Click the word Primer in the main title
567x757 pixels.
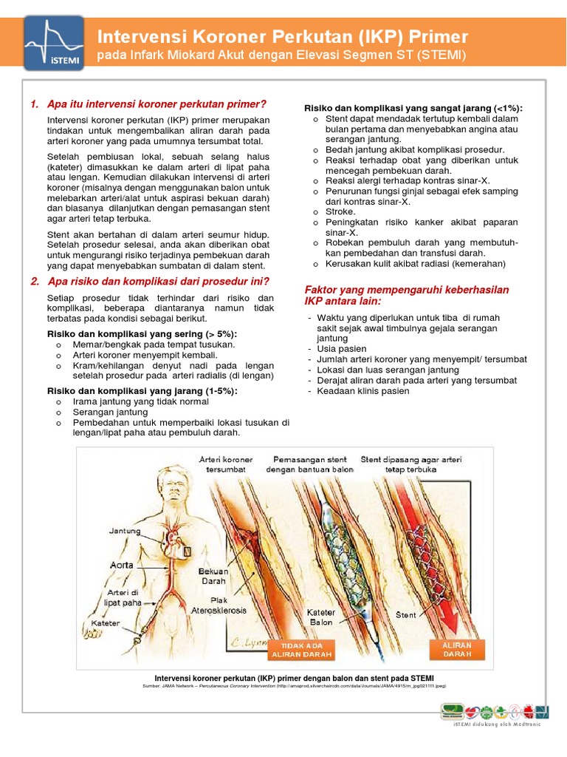(432, 36)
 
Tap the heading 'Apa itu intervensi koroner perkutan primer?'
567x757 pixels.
(156, 104)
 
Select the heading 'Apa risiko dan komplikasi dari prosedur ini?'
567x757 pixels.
(158, 281)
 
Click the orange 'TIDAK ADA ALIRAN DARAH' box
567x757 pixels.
(303, 649)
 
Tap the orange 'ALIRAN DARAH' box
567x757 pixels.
(456, 649)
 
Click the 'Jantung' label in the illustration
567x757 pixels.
(125, 531)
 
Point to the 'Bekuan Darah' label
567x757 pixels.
(214, 576)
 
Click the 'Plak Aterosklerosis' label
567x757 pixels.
(219, 605)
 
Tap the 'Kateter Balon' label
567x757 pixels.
(320, 617)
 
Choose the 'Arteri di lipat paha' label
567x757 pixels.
(124, 597)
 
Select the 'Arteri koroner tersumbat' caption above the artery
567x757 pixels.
(226, 464)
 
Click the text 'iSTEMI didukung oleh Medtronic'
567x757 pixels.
(497, 724)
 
